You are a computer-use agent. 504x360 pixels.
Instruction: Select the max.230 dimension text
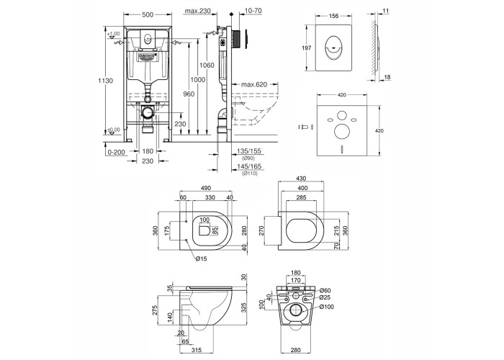pyautogui.click(x=197, y=12)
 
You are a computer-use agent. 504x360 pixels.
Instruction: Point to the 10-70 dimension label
pyautogui.click(x=253, y=12)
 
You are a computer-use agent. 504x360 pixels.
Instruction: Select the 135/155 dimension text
pyautogui.click(x=250, y=151)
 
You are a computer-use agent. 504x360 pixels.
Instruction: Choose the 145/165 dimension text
pyautogui.click(x=250, y=166)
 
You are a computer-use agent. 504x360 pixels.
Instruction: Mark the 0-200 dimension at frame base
pyautogui.click(x=114, y=151)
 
